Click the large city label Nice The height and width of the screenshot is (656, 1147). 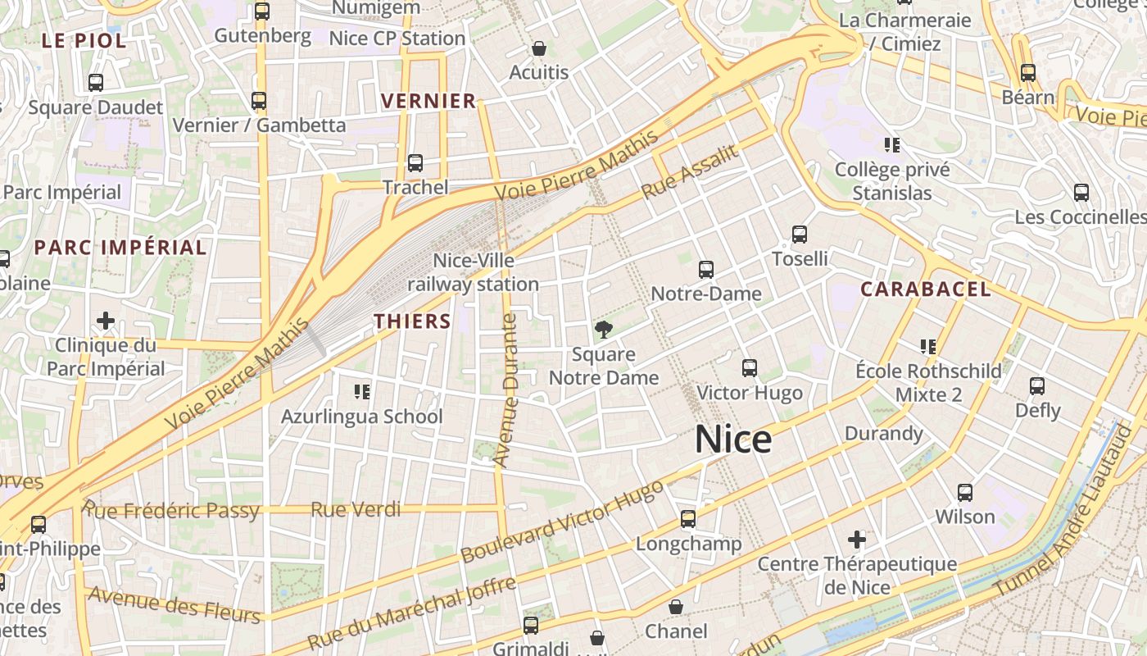click(732, 440)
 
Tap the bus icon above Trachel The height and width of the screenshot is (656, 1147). click(415, 162)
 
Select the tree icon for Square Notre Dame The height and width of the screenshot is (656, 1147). click(604, 330)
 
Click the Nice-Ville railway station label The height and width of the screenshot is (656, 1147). click(474, 272)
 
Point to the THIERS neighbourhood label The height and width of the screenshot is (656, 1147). click(413, 321)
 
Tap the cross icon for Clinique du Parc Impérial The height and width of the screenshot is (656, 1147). click(106, 320)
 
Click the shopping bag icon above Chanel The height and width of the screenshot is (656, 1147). click(676, 607)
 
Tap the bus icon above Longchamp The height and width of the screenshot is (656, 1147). click(688, 518)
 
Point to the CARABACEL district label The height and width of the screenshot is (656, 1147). click(926, 289)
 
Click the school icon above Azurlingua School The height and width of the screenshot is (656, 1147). click(361, 391)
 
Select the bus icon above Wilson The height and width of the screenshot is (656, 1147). click(965, 493)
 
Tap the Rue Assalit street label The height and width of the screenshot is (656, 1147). click(691, 172)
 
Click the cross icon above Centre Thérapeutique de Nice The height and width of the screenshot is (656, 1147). click(857, 540)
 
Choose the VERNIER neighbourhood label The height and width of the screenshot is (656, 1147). click(428, 101)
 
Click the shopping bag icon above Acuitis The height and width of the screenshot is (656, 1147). click(538, 48)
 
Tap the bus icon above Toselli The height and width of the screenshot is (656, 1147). click(800, 235)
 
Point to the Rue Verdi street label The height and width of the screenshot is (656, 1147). click(356, 510)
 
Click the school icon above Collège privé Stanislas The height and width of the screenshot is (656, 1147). click(892, 145)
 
